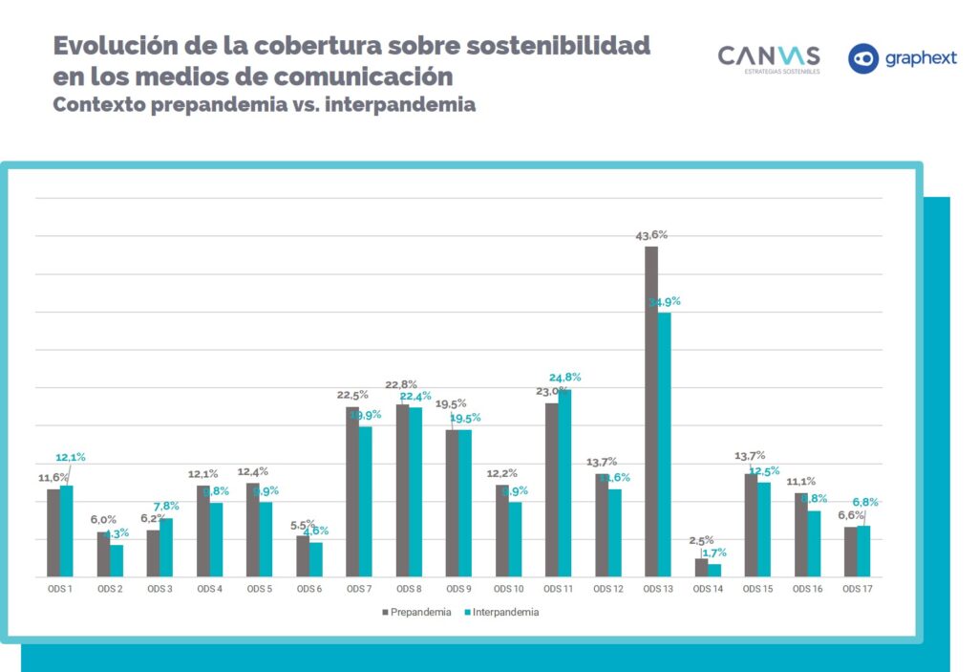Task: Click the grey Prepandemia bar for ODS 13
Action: pyautogui.click(x=651, y=411)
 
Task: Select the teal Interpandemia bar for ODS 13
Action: pyautogui.click(x=664, y=444)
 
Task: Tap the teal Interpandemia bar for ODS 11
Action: pyautogui.click(x=564, y=484)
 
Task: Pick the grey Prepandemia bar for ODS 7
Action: pyautogui.click(x=352, y=491)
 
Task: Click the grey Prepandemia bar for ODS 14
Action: pyautogui.click(x=701, y=568)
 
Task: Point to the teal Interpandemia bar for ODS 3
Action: pyautogui.click(x=166, y=548)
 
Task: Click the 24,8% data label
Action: pyautogui.click(x=564, y=378)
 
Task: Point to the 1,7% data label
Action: pyautogui.click(x=713, y=553)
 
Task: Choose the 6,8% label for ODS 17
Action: pyautogui.click(x=864, y=502)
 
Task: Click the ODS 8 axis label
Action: pyautogui.click(x=409, y=589)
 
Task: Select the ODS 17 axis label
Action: pyautogui.click(x=857, y=589)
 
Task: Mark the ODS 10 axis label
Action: pyautogui.click(x=508, y=589)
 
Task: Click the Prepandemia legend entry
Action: pyautogui.click(x=417, y=612)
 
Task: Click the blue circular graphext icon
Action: pyautogui.click(x=863, y=58)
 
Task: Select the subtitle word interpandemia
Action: pyautogui.click(x=399, y=105)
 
